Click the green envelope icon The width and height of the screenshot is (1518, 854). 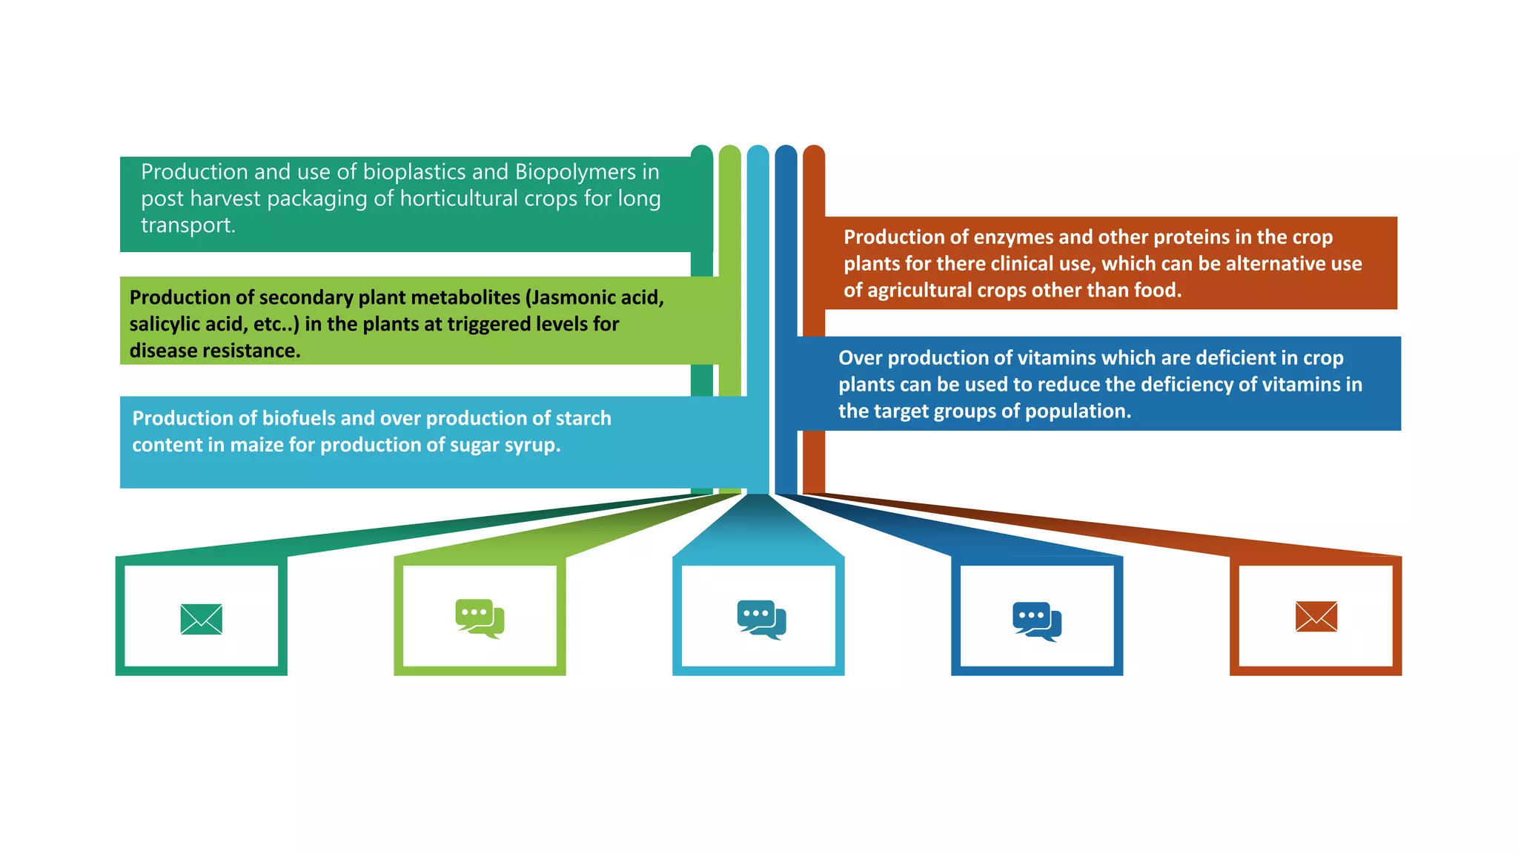(x=201, y=619)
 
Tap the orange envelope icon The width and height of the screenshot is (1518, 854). (x=1316, y=617)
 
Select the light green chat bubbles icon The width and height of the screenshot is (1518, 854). (x=480, y=618)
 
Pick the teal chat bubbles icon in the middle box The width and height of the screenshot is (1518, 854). (x=761, y=620)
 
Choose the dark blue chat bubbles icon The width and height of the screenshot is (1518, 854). (x=1037, y=621)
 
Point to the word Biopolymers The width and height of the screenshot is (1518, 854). (x=576, y=172)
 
